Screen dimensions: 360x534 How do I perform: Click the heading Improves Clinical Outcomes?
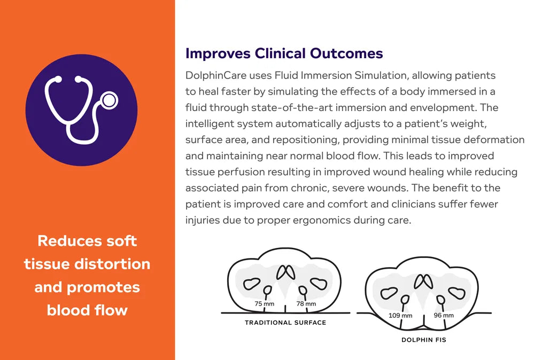[x=284, y=53]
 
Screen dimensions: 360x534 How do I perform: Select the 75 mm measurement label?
[x=265, y=304]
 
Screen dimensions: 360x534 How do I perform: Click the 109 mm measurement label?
[x=400, y=316]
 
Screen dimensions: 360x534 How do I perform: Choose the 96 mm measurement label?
[x=443, y=316]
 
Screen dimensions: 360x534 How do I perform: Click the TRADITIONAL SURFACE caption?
[x=285, y=323]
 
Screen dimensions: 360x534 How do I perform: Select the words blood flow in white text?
[x=87, y=310]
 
